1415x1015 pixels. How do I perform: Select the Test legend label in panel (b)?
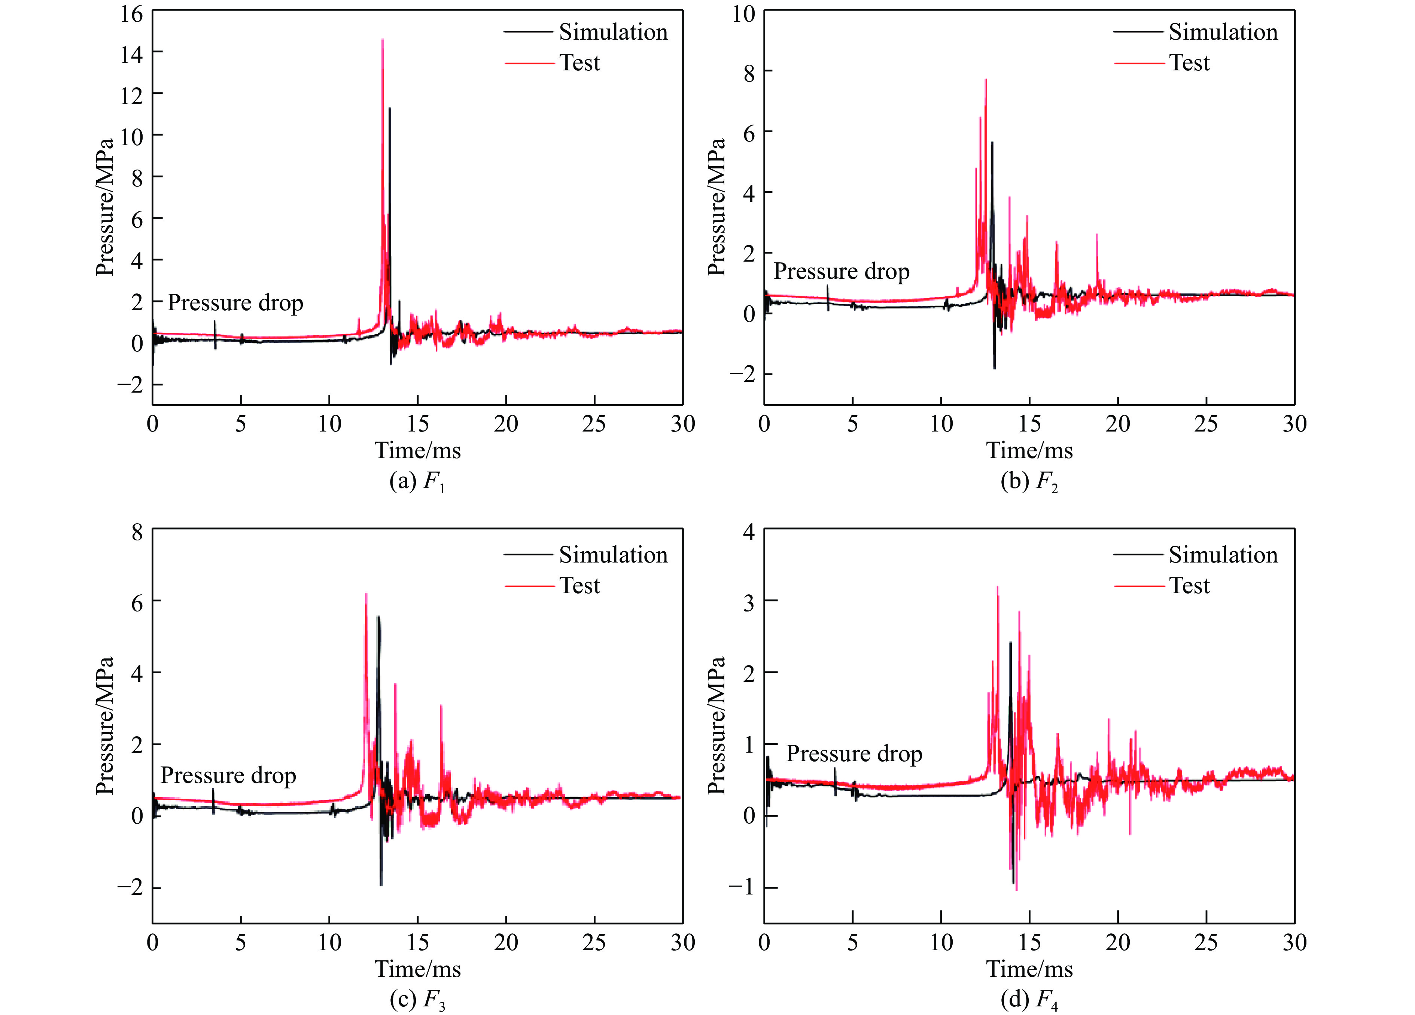1189,63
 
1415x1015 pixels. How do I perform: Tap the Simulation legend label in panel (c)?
613,555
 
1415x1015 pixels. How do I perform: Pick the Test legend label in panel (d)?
1189,586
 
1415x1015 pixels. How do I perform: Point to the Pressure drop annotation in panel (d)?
853,754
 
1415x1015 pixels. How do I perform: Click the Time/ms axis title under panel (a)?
417,450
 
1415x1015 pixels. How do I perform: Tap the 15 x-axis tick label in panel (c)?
417,943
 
